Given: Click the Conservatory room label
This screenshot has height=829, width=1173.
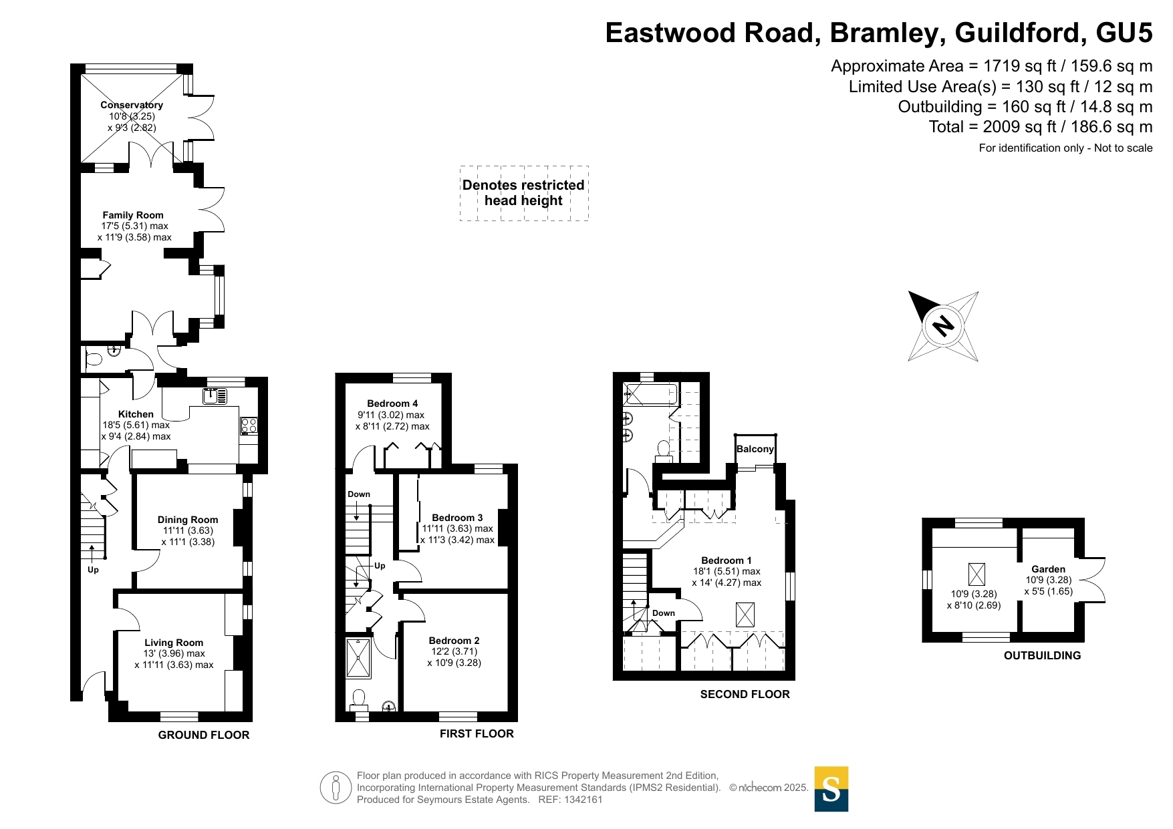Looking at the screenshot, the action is click(132, 105).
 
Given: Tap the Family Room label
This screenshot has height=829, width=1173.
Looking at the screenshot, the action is click(133, 215).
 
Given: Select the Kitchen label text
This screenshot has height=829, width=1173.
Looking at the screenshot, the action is click(136, 414).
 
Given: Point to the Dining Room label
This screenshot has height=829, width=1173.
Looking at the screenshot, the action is click(188, 520).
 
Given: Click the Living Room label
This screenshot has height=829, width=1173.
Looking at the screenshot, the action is click(174, 643).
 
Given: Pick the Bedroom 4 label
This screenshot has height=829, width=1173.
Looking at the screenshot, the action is click(392, 403).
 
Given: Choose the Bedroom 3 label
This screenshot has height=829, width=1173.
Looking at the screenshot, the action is click(457, 518).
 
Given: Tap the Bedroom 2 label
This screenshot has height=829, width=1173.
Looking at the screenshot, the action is click(454, 641).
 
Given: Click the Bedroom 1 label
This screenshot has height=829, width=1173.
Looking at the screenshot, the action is click(727, 560).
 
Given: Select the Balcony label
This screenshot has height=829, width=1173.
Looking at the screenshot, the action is click(755, 449).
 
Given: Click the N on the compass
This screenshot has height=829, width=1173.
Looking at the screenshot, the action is click(943, 326).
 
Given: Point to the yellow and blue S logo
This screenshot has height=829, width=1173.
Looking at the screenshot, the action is click(831, 789).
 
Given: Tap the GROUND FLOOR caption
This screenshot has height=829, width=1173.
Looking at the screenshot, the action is click(204, 735).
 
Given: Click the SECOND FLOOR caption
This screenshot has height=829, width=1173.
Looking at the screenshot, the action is click(745, 694).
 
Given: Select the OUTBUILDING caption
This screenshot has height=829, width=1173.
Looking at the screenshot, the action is click(1043, 655).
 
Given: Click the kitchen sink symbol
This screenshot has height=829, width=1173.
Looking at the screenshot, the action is click(215, 395).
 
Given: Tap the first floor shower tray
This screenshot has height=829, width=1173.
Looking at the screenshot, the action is click(359, 658).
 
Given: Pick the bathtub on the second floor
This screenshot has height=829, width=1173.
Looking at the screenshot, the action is click(650, 394).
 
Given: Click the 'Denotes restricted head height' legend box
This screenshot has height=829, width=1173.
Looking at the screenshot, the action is click(524, 193).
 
